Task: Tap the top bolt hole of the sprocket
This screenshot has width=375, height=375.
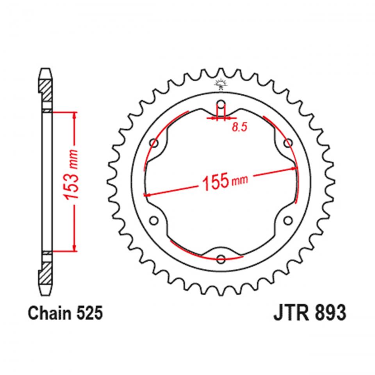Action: click(x=221, y=105)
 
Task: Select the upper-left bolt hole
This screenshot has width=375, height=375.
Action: click(x=154, y=143)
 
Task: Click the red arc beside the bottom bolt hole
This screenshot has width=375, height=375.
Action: click(x=203, y=254)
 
